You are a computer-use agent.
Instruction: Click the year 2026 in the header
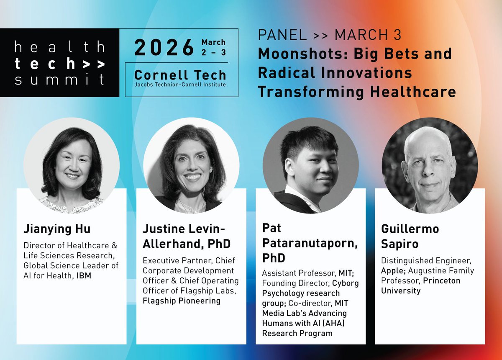click(164, 48)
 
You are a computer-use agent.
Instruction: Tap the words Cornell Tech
click(180, 75)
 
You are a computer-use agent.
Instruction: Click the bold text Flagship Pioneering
click(182, 301)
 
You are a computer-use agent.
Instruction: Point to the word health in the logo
click(59, 47)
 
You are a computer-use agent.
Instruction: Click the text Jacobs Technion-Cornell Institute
click(180, 85)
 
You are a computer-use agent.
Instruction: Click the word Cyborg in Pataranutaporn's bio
click(346, 283)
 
